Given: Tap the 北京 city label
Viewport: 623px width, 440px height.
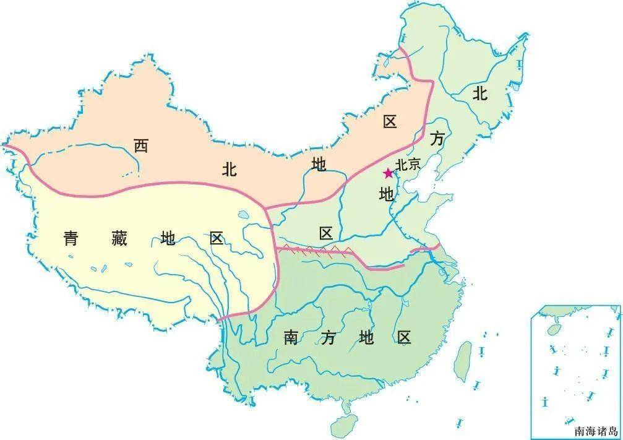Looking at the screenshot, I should coord(408,165).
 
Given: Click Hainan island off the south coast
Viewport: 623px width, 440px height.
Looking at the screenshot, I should coord(343,426).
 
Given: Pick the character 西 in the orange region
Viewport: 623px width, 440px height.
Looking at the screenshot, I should coord(141,146).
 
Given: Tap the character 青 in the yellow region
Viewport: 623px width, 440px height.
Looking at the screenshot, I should coord(71,238).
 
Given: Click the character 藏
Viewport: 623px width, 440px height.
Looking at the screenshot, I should coord(119,238).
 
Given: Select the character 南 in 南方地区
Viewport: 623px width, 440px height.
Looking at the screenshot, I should coord(291,338).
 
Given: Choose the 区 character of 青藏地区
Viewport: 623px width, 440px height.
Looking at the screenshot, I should coord(216,238).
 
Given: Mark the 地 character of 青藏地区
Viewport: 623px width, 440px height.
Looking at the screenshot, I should coord(168,238).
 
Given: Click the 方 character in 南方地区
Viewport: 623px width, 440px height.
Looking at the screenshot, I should coord(329,338).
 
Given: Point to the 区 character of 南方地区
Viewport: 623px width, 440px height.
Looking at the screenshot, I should coord(404,338).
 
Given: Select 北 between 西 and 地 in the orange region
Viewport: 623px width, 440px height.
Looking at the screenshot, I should coord(229,170).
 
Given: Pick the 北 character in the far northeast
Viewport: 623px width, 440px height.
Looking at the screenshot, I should coord(480,94).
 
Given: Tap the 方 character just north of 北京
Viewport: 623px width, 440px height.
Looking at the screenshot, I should coord(437,140).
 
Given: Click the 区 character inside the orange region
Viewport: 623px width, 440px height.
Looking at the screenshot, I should coord(389,122).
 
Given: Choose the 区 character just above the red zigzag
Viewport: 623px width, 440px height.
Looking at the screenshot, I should coord(326,233).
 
